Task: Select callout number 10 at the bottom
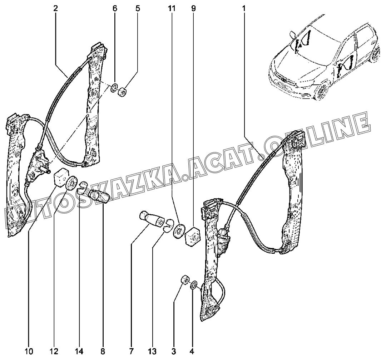(x=29, y=351)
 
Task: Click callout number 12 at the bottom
(x=55, y=351)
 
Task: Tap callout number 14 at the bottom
(x=79, y=351)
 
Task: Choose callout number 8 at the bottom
(x=103, y=351)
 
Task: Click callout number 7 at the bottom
(x=131, y=351)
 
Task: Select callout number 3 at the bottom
(x=173, y=351)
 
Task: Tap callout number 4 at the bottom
(x=192, y=351)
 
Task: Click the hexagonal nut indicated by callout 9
(x=193, y=236)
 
